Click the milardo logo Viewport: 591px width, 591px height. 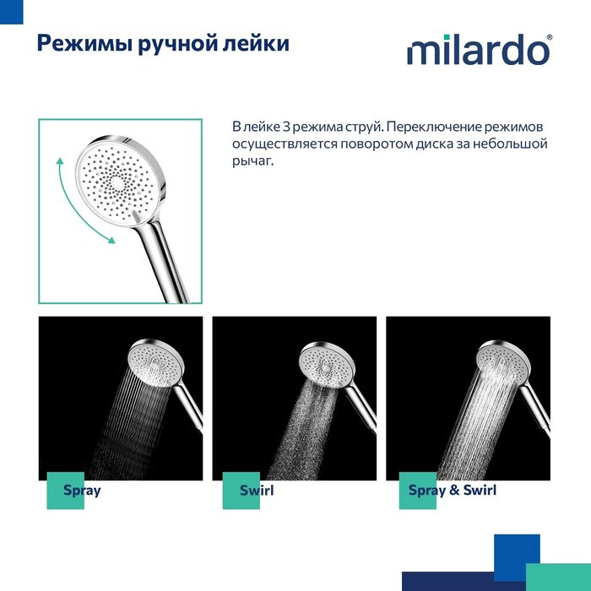478,49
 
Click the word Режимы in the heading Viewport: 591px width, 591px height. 84,44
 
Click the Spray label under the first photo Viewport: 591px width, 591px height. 82,491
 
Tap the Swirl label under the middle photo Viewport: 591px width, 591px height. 257,491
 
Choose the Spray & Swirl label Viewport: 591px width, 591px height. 453,491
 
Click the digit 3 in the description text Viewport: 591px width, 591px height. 286,127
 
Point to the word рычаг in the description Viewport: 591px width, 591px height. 251,162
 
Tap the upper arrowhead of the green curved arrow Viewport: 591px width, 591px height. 59,162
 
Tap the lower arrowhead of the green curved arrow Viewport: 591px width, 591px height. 111,240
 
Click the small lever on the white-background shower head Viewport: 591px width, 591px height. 136,216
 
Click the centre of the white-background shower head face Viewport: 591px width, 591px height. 117,183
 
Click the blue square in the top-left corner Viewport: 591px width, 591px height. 11,12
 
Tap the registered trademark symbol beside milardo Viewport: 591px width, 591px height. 550,37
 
